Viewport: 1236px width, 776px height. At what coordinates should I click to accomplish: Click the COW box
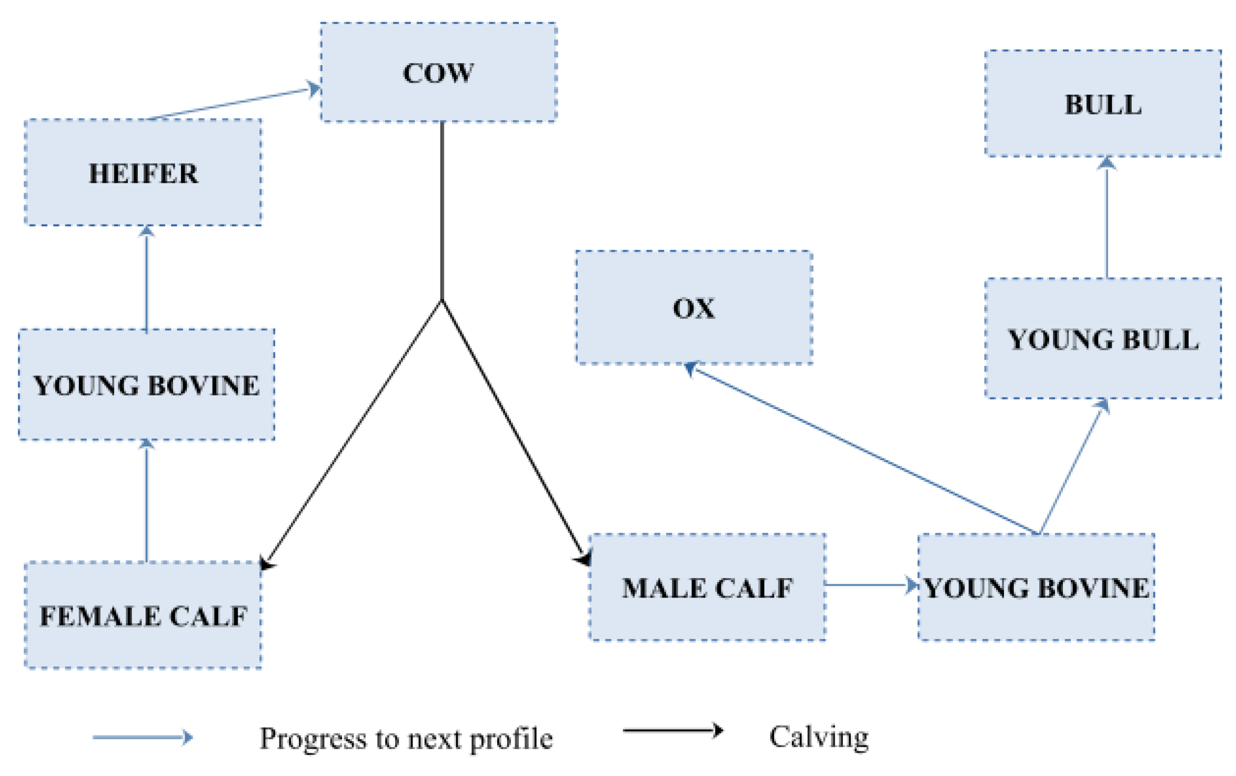pos(438,73)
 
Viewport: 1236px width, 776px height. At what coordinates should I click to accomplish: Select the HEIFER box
pos(143,173)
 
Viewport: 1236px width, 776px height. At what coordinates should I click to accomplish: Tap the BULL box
pos(1103,104)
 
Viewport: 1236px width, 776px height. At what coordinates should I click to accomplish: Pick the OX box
pos(694,307)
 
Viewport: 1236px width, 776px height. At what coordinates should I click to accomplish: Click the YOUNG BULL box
pos(1103,339)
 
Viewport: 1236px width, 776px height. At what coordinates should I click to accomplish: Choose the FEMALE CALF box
pos(143,615)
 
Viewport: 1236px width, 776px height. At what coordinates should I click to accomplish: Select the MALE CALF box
pos(707,587)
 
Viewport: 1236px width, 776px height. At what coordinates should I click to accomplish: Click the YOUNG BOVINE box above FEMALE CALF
pos(146,385)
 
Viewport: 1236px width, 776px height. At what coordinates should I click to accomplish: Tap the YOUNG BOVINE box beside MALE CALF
pos(1036,587)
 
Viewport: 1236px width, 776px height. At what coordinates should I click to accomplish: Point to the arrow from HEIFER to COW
pos(232,103)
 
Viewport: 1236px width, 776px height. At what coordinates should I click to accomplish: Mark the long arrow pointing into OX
pos(863,450)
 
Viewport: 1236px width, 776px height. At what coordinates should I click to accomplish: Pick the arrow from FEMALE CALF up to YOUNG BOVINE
pos(146,500)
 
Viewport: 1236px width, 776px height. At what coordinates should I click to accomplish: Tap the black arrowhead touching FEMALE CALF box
pos(266,563)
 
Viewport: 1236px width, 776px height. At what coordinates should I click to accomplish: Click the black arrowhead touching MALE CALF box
pos(584,558)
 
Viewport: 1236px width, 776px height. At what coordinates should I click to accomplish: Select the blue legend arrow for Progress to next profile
pos(142,737)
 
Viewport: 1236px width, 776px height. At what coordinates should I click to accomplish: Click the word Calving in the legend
pos(819,737)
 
